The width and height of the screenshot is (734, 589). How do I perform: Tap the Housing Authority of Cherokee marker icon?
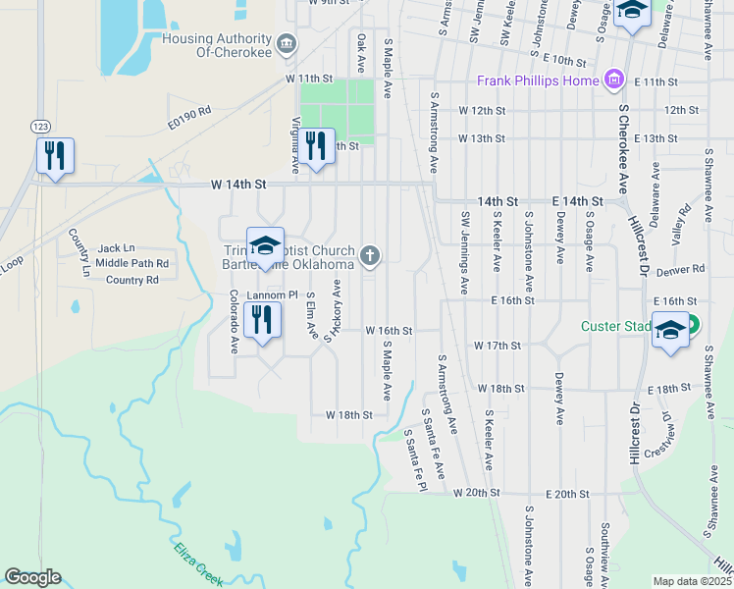(x=287, y=41)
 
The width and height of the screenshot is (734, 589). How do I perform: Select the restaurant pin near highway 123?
(x=54, y=156)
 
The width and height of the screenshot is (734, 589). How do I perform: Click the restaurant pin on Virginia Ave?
(x=315, y=146)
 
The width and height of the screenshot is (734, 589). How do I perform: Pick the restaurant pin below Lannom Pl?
(x=262, y=320)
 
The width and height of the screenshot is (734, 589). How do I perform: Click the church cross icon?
(x=370, y=256)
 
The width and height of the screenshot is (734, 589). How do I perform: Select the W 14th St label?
(x=238, y=184)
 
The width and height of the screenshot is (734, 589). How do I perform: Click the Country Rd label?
(x=131, y=280)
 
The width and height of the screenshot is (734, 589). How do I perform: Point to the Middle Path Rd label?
(x=131, y=263)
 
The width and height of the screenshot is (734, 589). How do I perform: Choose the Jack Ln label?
(x=116, y=248)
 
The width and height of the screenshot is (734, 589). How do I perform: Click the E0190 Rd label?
(x=188, y=117)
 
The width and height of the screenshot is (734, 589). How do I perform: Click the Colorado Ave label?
(x=235, y=321)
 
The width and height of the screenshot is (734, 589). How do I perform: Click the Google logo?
(x=32, y=577)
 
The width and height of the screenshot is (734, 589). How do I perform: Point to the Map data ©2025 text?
(x=692, y=581)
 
